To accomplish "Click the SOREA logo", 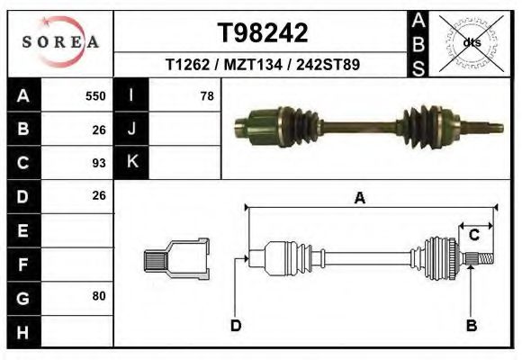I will click(x=60, y=41).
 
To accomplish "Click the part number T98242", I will click(x=263, y=33).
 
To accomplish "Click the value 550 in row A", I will click(x=95, y=95).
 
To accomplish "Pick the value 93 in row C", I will click(x=99, y=163).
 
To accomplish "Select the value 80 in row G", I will click(x=99, y=296).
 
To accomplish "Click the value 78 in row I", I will click(x=206, y=95).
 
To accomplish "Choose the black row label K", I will click(x=131, y=163).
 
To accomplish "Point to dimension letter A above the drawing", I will click(x=359, y=199).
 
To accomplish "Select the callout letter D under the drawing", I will click(x=236, y=325).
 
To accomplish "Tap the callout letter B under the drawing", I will click(x=470, y=325).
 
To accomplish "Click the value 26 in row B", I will click(x=99, y=129).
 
